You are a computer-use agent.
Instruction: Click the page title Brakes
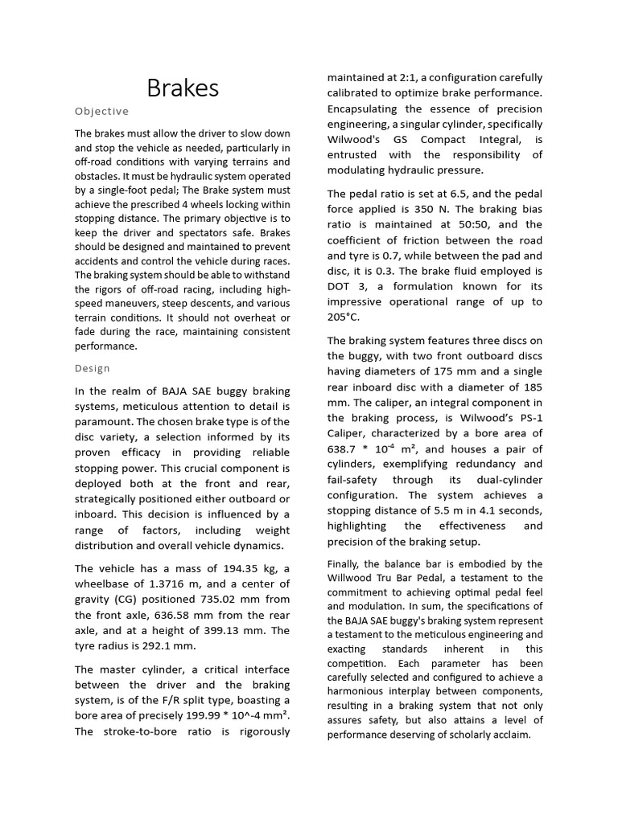pos(183,88)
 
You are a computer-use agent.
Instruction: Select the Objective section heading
pos(101,111)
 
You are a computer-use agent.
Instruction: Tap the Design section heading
pos(93,368)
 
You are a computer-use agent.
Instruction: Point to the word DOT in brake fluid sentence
pos(340,286)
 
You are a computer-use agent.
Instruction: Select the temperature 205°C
pos(344,317)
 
